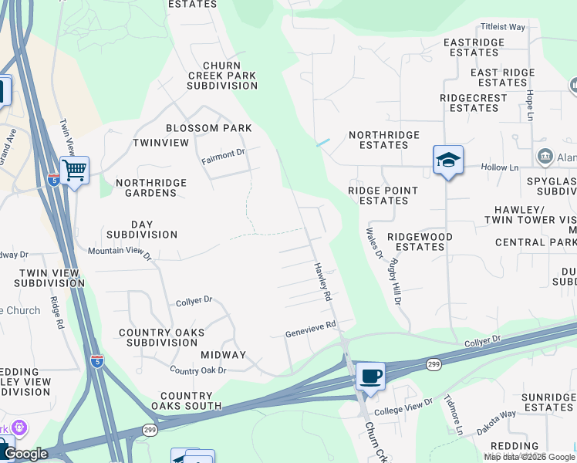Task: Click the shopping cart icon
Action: click(75, 169)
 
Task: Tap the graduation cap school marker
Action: click(447, 160)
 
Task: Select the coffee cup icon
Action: click(370, 377)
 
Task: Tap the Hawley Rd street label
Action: click(322, 282)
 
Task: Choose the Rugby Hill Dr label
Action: click(395, 282)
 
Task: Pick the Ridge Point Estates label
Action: click(383, 195)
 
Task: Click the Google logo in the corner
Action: click(25, 454)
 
